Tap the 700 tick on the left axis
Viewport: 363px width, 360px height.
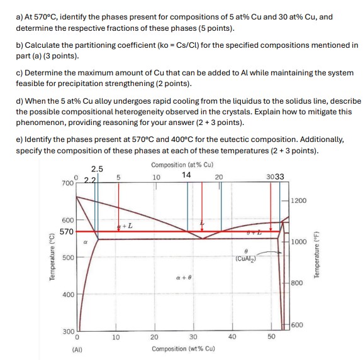[x=67, y=183]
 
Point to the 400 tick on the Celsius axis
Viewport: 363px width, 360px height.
[x=67, y=294]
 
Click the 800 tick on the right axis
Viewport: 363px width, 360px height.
[x=296, y=283]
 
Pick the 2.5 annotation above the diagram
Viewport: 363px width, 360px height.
[x=98, y=168]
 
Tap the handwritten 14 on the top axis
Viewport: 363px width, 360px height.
[x=187, y=175]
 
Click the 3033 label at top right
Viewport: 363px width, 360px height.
[x=275, y=177]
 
